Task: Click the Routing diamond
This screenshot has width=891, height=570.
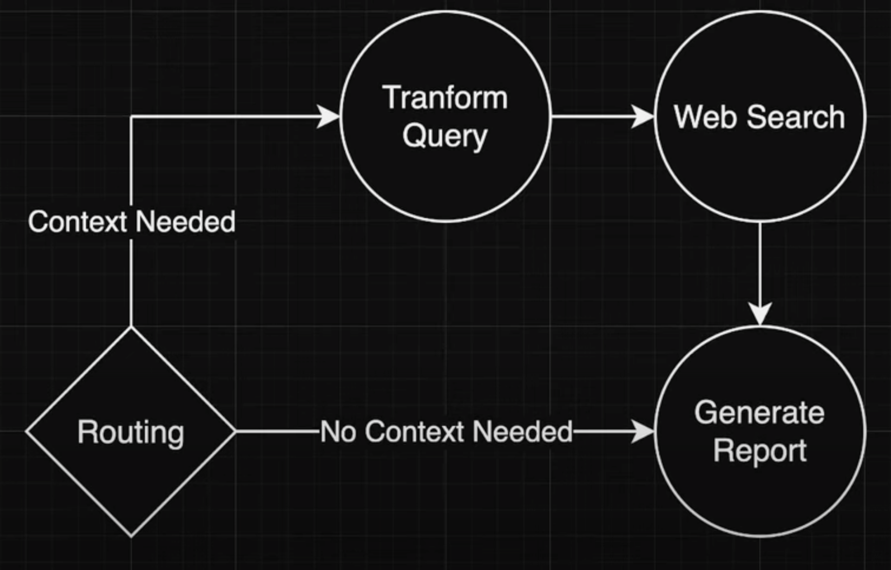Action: click(x=131, y=472)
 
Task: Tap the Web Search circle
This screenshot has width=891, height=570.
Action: click(x=760, y=168)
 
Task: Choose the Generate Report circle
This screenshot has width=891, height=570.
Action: click(x=760, y=493)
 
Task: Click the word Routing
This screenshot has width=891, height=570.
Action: click(x=131, y=432)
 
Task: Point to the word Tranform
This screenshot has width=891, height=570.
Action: click(x=445, y=98)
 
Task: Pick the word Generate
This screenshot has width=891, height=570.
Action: click(x=759, y=413)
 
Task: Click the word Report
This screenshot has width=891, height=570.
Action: click(x=759, y=450)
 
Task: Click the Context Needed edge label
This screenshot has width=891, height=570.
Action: click(x=132, y=221)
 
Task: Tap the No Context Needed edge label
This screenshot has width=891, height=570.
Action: click(x=446, y=432)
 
